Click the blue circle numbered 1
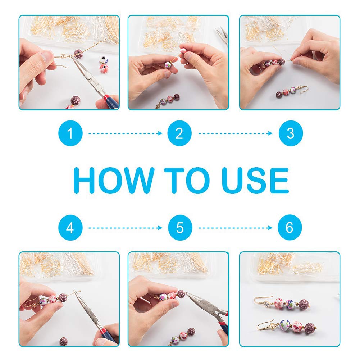[70, 133]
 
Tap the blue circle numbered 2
[179, 133]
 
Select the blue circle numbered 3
[291, 133]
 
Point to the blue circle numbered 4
[70, 228]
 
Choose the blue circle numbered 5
[180, 228]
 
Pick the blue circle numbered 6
[290, 227]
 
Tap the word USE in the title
[255, 181]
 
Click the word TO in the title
[186, 181]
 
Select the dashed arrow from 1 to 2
[126, 133]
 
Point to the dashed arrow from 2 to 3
[235, 133]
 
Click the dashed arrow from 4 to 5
[126, 228]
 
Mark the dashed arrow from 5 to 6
[235, 228]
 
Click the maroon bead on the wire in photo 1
[78, 54]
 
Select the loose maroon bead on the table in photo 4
[64, 341]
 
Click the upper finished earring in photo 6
[283, 304]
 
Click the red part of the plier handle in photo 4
[103, 331]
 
